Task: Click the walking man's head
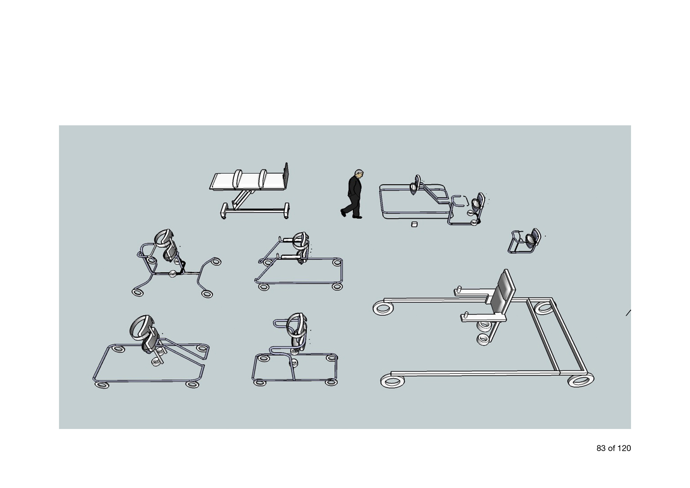[359, 174]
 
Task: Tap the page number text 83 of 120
[613, 448]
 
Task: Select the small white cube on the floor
[414, 225]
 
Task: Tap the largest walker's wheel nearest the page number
[581, 380]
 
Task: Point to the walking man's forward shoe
[357, 217]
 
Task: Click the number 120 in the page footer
[624, 448]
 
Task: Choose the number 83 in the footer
[601, 448]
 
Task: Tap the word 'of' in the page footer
[612, 448]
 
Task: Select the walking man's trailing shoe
[343, 213]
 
